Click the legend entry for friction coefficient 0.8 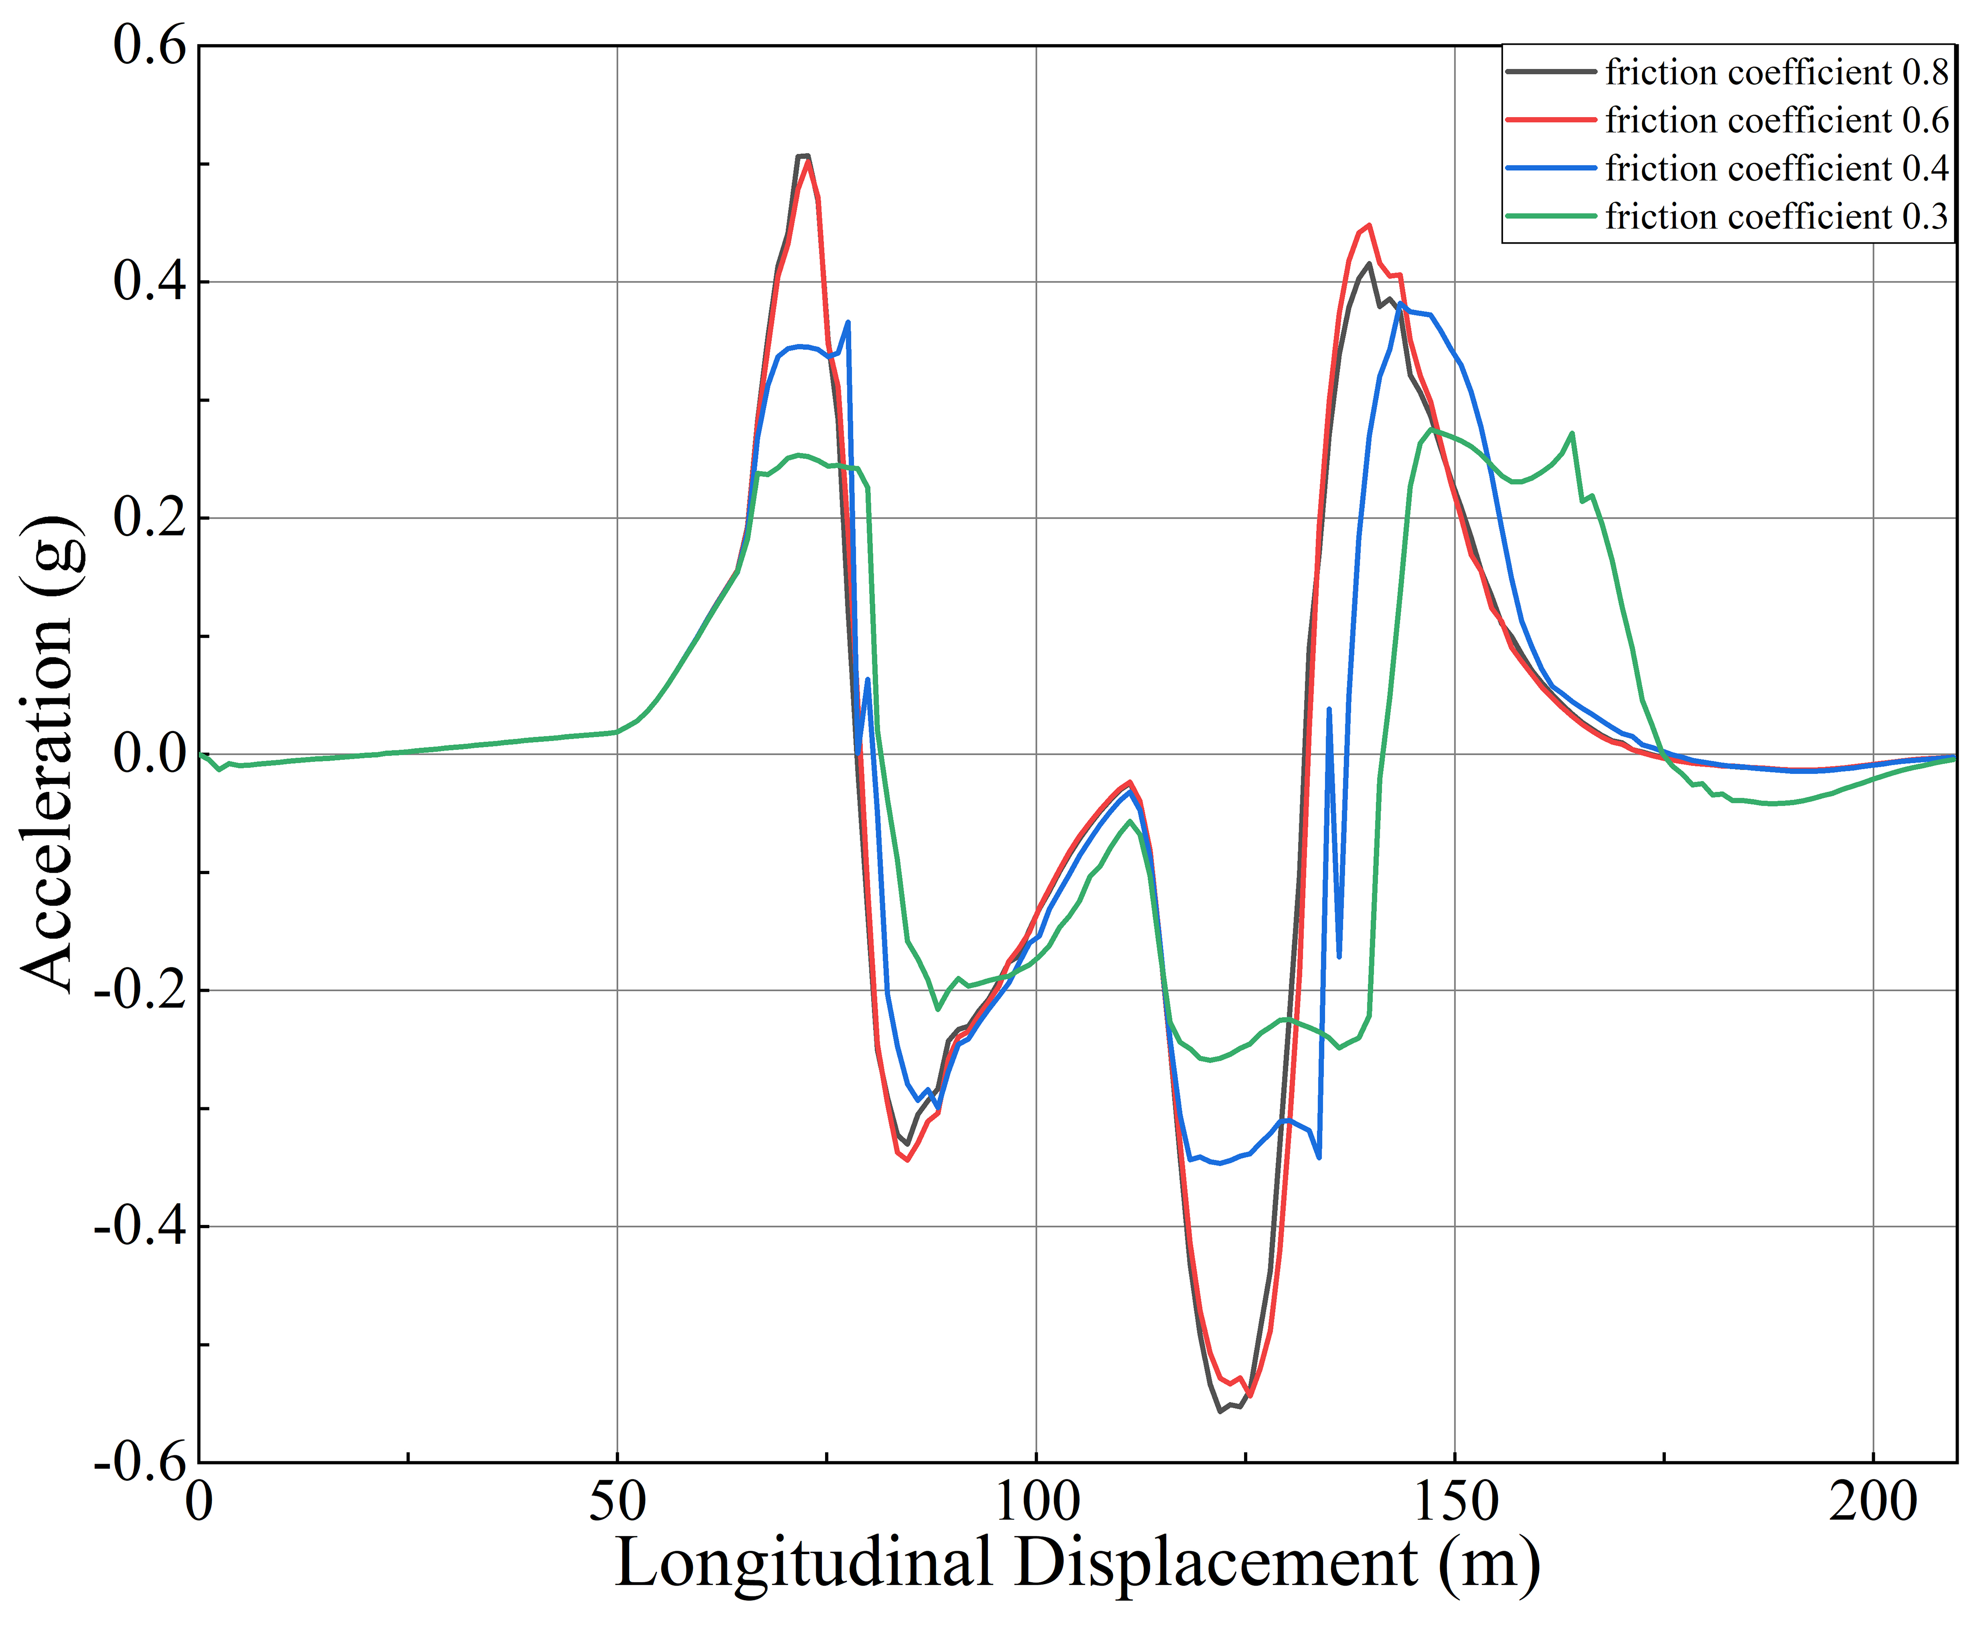1776,72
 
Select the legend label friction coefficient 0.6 1776,121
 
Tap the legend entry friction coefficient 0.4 1776,169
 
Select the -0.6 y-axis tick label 141,1462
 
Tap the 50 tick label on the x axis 617,1503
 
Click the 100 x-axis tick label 1036,1503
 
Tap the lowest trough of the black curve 1220,1411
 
